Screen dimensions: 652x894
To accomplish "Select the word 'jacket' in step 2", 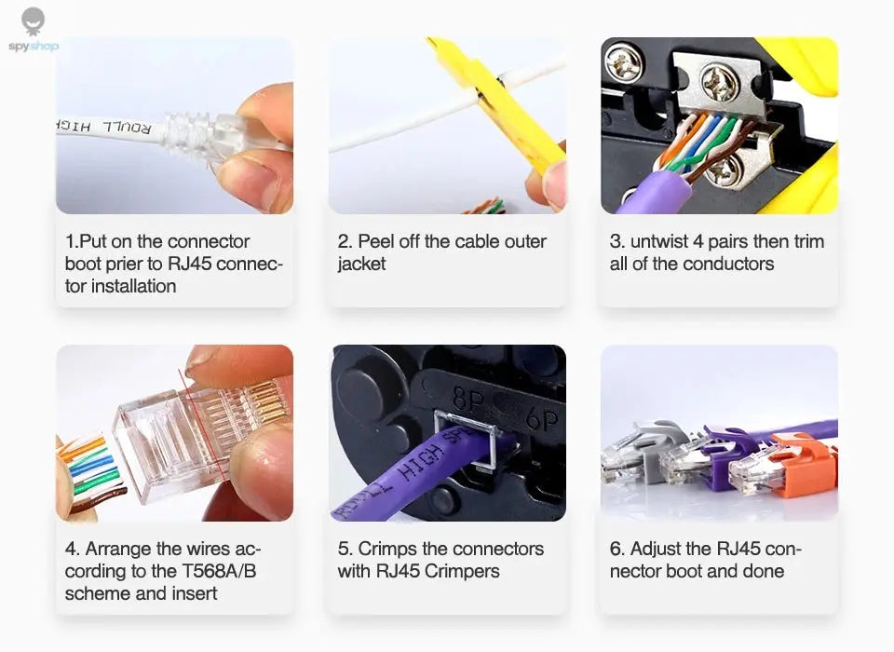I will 361,264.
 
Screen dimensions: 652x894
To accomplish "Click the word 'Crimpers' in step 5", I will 462,571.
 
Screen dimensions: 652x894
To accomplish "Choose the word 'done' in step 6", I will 763,571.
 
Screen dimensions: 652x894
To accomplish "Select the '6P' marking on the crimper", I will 540,419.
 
